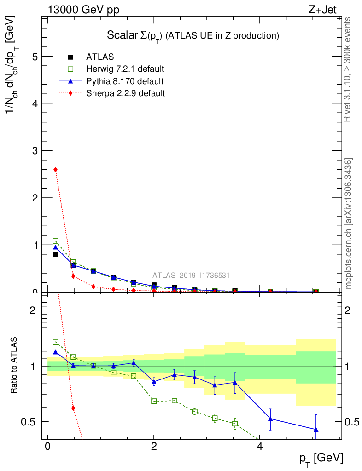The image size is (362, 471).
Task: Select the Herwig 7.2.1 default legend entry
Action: [125, 69]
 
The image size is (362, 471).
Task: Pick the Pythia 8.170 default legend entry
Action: [124, 81]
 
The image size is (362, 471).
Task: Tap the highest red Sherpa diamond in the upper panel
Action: [56, 170]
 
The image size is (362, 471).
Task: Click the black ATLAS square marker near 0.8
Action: [56, 254]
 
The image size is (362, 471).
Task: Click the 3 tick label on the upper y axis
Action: [35, 150]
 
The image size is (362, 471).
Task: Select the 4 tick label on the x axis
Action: [260, 448]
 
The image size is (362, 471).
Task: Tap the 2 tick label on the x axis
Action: [154, 448]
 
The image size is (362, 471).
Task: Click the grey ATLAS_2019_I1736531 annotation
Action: [191, 276]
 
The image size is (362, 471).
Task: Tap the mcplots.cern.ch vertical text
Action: [349, 224]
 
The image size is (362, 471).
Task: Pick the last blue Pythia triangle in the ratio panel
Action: [316, 429]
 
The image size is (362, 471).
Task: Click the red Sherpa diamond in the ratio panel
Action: [73, 408]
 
